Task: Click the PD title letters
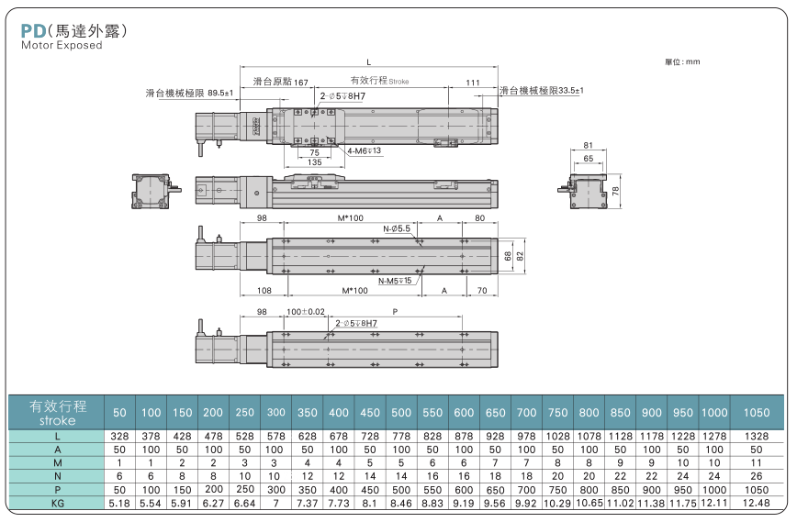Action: click(32, 30)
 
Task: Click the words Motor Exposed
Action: click(62, 46)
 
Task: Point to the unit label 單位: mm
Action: click(682, 61)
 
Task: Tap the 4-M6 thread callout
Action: click(364, 150)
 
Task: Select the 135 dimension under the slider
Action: click(314, 162)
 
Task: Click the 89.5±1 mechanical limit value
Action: click(220, 93)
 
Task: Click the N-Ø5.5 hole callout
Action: click(398, 228)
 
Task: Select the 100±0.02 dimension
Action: click(306, 313)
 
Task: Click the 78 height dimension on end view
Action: click(616, 190)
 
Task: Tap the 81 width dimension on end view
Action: click(589, 145)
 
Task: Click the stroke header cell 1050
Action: click(756, 413)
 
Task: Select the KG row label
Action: click(58, 504)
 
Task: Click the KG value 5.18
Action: click(119, 504)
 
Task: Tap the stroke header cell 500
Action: click(400, 413)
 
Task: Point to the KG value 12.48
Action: click(756, 504)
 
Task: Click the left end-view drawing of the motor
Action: click(153, 191)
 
